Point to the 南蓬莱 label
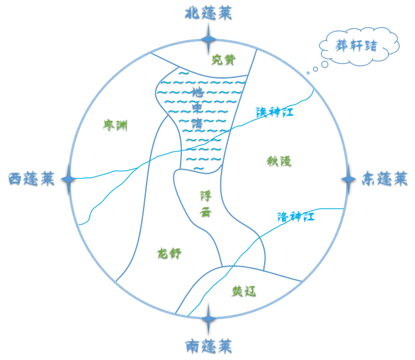[x=208, y=343]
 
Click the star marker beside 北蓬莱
[x=209, y=38]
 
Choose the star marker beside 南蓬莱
[x=208, y=319]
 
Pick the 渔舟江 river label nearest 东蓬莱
[x=288, y=216]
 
